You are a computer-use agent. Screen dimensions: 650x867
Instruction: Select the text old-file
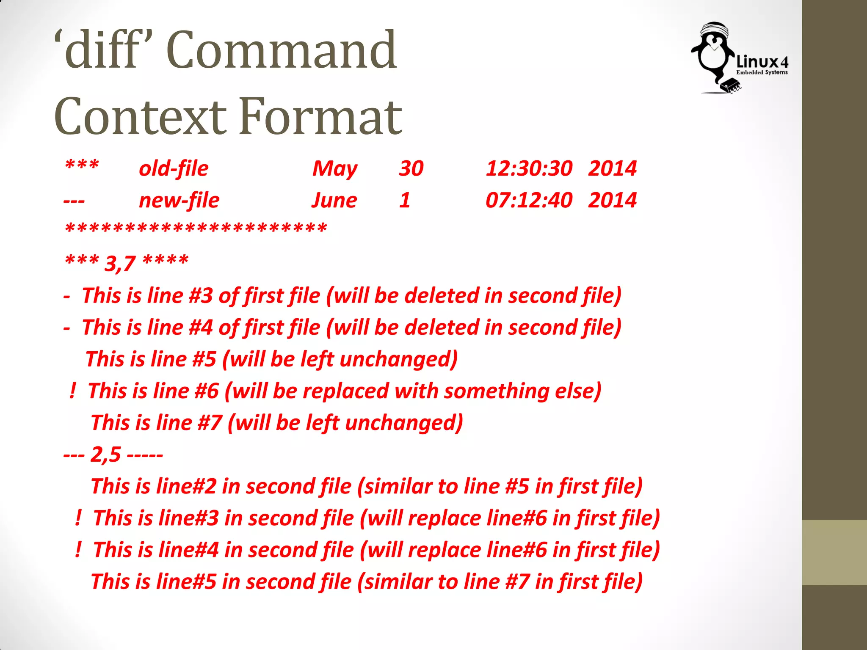174,168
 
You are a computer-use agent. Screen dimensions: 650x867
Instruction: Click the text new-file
179,200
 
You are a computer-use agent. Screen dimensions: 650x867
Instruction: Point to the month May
334,168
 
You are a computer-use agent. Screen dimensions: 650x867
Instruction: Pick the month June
334,200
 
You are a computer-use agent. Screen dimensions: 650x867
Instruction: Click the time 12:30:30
529,168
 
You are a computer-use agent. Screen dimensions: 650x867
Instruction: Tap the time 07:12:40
529,200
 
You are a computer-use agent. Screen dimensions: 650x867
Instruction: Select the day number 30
411,168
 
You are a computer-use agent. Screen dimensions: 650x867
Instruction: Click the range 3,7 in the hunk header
120,263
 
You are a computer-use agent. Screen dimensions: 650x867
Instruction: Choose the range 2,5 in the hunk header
106,454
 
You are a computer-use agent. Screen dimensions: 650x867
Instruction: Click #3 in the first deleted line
201,295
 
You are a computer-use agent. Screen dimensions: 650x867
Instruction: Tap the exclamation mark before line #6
72,390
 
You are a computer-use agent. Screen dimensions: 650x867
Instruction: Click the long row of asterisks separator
196,229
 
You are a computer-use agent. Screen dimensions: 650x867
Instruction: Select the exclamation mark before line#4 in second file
78,549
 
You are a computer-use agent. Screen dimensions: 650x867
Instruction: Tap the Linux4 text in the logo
762,63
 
